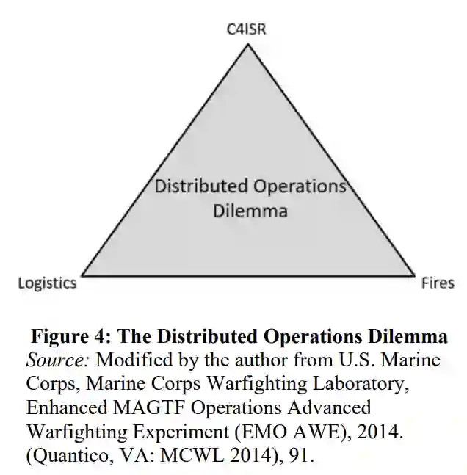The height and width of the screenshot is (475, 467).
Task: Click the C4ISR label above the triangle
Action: pos(247,29)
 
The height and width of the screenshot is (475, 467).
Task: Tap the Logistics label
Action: pos(47,283)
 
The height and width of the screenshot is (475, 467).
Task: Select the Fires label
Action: pos(438,283)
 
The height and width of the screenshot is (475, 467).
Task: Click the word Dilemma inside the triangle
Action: pos(249,211)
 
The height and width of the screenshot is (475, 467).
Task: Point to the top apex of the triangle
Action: pos(247,45)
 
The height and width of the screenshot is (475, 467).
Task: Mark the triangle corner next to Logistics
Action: pos(82,275)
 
